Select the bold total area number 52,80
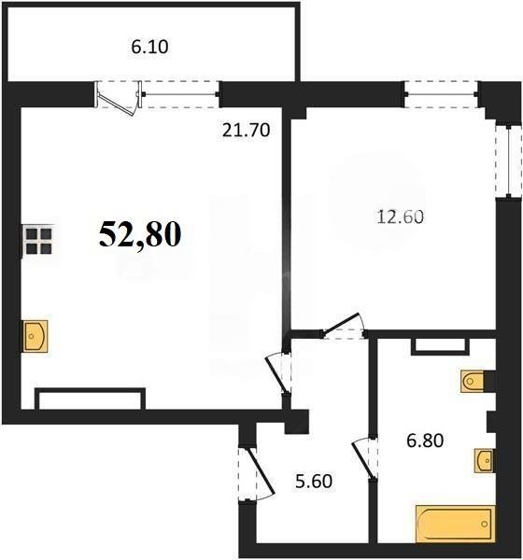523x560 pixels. (x=141, y=234)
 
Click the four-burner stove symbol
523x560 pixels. (x=37, y=241)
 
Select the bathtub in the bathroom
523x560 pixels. (x=454, y=523)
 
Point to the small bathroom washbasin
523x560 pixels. (x=483, y=460)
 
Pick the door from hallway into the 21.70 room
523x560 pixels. (x=277, y=371)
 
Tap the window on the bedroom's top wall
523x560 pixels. (x=441, y=92)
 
